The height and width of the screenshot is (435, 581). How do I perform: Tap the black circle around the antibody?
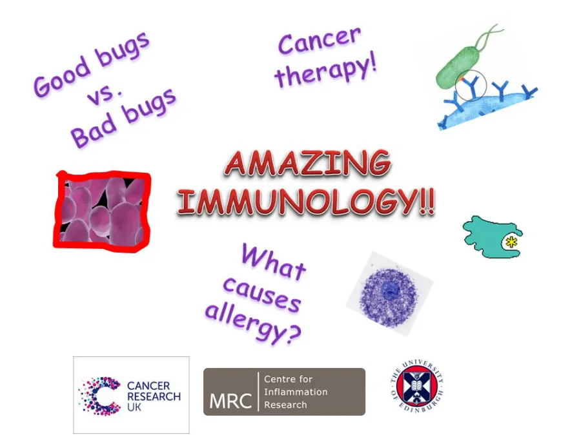[470, 86]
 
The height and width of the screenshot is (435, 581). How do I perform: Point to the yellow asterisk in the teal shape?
[512, 242]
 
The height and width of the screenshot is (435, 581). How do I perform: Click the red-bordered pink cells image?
[102, 210]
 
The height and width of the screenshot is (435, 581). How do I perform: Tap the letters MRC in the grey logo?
[230, 400]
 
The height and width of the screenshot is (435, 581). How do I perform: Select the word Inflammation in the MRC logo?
[296, 392]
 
